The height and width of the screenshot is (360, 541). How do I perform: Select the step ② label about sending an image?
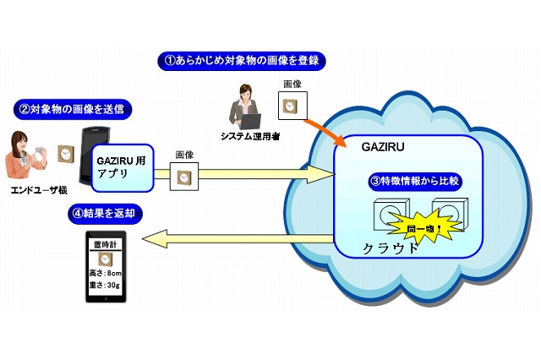coord(75,108)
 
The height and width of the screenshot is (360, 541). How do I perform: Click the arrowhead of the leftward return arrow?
coord(154,238)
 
